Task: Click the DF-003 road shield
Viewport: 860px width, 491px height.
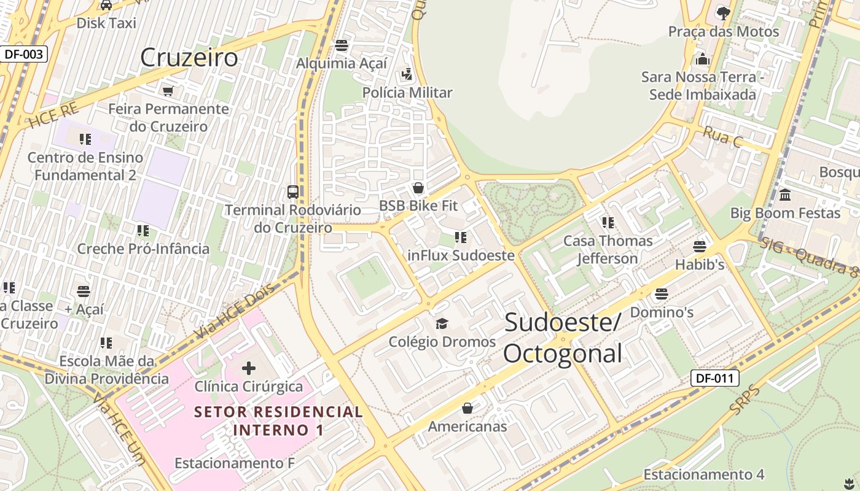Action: [x=24, y=54]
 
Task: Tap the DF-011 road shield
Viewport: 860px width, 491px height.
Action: [x=715, y=378]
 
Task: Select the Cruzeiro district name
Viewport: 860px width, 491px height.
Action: [x=189, y=58]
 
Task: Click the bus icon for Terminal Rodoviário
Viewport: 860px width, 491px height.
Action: [x=293, y=191]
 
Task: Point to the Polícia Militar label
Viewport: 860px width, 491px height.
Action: [x=407, y=93]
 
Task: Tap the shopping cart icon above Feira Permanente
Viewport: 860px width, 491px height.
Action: [x=168, y=91]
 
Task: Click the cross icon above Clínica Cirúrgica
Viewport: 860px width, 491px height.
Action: [x=249, y=368]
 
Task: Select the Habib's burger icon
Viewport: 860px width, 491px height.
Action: [x=700, y=247]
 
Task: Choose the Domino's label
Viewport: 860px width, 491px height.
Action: [x=662, y=312]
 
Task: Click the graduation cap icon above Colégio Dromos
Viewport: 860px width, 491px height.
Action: [x=442, y=323]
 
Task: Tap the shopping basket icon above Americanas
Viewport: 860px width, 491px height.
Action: [x=467, y=408]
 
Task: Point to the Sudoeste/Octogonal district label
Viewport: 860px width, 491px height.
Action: [x=563, y=338]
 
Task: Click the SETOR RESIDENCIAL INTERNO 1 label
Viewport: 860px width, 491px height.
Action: [x=278, y=420]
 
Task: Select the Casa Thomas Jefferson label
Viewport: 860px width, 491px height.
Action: [x=608, y=249]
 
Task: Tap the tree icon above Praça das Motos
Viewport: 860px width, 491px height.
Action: [x=724, y=12]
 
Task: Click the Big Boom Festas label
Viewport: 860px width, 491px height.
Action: [x=785, y=213]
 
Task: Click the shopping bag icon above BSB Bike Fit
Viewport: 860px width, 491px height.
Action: [x=418, y=188]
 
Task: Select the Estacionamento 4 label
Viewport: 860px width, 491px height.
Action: [x=703, y=474]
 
